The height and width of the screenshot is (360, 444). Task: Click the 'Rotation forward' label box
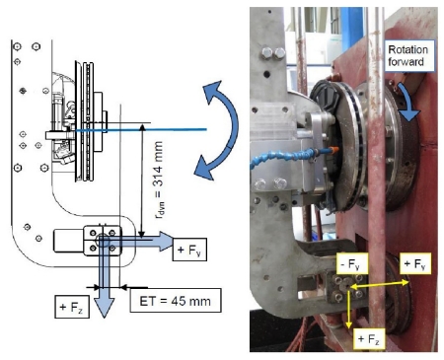pyautogui.click(x=409, y=55)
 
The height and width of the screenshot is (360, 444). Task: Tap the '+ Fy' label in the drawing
pyautogui.click(x=189, y=250)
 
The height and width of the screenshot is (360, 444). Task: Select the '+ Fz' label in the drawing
pyautogui.click(x=72, y=307)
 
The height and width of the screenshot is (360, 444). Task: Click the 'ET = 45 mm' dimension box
pyautogui.click(x=176, y=301)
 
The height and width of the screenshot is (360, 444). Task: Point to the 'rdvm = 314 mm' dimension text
pyautogui.click(x=159, y=180)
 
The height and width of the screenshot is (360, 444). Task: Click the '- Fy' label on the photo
pyautogui.click(x=351, y=263)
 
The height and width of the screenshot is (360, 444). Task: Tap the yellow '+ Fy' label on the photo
pyautogui.click(x=415, y=263)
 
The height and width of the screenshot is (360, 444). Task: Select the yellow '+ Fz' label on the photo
pyautogui.click(x=369, y=338)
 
